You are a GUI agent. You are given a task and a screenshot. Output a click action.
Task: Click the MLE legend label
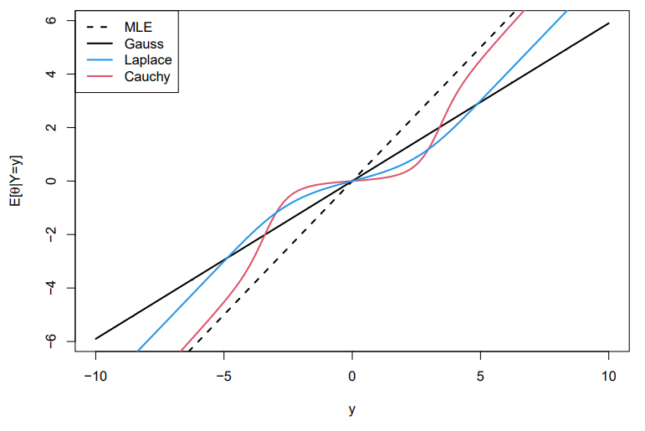click(x=139, y=26)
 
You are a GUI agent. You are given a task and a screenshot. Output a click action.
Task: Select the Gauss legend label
click(x=144, y=43)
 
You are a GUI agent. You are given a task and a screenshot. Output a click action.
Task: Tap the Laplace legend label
click(x=148, y=59)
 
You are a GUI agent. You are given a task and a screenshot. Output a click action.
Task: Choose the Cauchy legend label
click(x=147, y=77)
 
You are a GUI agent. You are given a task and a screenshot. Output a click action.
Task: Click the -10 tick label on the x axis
click(x=95, y=377)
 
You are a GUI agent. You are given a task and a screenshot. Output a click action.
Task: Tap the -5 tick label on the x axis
click(x=223, y=377)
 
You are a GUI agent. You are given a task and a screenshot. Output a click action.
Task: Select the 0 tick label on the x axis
click(x=352, y=377)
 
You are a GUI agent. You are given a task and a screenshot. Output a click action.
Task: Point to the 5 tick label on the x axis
click(x=480, y=377)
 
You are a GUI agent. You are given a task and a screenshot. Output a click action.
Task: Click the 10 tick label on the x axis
click(x=608, y=377)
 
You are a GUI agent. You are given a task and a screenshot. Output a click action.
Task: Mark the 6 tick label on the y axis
click(x=49, y=20)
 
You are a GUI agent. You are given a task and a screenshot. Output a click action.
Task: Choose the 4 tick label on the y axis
click(x=49, y=74)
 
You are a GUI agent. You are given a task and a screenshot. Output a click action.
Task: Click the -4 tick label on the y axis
click(x=49, y=288)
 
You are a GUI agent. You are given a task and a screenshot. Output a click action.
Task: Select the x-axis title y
click(x=352, y=410)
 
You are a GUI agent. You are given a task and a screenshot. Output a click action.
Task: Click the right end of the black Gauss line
click(x=608, y=23)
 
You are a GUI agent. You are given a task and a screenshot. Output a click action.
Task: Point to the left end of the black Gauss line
click(x=95, y=338)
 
